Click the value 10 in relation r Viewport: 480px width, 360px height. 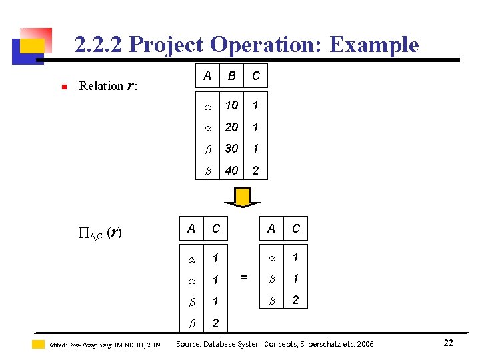[231, 105]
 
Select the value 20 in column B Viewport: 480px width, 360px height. [231, 127]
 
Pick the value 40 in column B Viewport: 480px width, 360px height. [231, 171]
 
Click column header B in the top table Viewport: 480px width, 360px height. [231, 76]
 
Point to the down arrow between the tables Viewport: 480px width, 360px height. [243, 197]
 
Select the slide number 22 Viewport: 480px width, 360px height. [448, 343]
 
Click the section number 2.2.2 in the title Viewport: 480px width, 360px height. [99, 45]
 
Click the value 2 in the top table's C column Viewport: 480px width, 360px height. [255, 171]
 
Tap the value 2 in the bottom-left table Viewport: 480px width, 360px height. [215, 323]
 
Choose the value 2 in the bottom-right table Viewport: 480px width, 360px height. [295, 301]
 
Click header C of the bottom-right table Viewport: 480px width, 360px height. [295, 229]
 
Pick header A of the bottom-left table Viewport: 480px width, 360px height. [191, 229]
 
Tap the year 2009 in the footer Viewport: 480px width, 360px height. [153, 345]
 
